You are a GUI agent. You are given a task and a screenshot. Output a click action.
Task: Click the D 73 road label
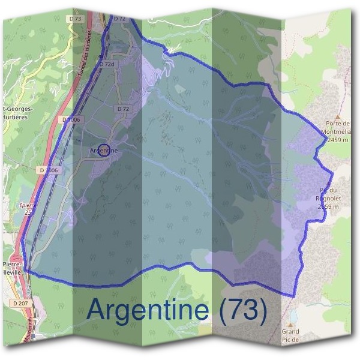click(75, 19)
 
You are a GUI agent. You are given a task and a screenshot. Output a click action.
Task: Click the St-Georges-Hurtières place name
click(19, 113)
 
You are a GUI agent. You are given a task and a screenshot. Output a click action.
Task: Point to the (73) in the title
click(244, 310)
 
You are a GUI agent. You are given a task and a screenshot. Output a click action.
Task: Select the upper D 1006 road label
click(71, 120)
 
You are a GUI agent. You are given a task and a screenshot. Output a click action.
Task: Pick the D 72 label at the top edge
click(119, 19)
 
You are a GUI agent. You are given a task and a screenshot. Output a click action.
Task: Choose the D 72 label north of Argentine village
click(123, 109)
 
